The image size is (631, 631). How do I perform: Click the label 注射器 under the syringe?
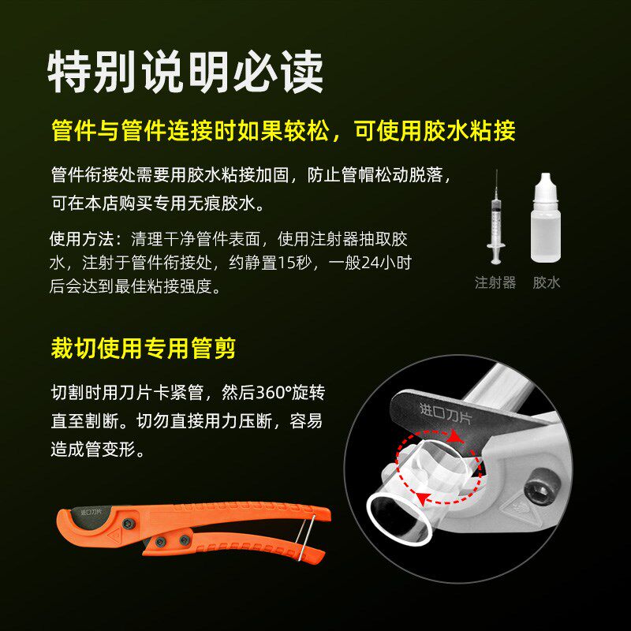click(x=495, y=282)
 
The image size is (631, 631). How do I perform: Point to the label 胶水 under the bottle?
click(x=546, y=282)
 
